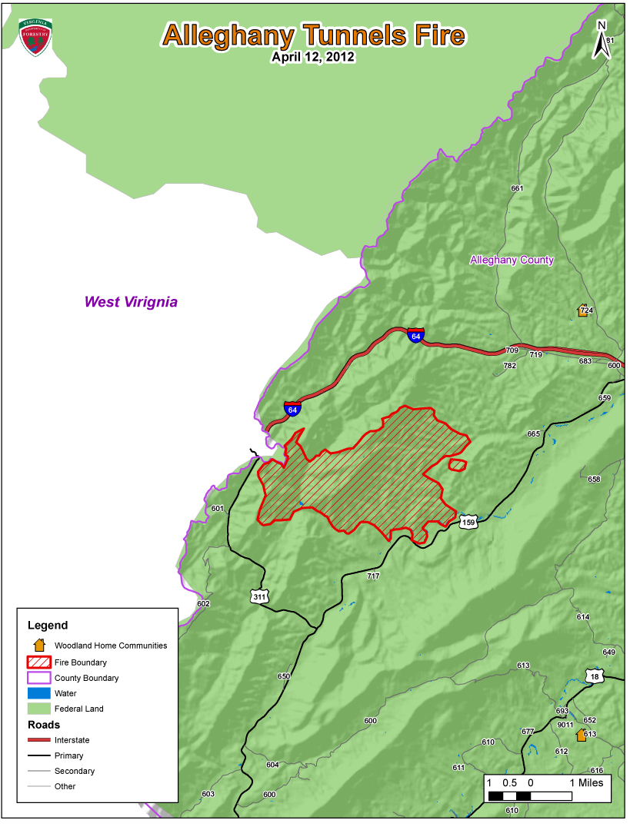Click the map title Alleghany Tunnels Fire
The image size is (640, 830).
coord(313,35)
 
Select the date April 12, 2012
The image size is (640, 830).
coord(313,57)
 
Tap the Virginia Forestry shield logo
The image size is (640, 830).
coord(35,36)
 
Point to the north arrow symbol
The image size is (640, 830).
coord(602,40)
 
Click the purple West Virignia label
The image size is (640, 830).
coord(131,302)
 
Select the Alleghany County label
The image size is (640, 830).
coord(512,260)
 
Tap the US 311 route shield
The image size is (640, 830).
coord(259,596)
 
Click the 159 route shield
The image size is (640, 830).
coord(468,523)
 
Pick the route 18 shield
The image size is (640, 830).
coord(595,676)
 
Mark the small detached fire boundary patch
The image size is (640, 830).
coord(458,465)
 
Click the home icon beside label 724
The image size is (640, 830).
coord(583,310)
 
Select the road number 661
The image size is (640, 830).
coord(517,188)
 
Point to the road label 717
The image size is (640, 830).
coord(374,576)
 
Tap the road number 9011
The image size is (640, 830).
coord(565,724)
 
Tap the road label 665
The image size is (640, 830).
coord(533,434)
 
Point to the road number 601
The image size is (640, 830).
coord(217,509)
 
